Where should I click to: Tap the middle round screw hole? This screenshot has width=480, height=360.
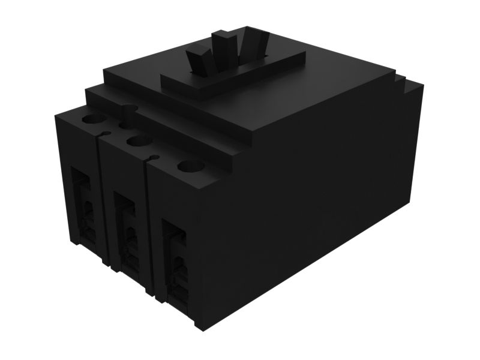[x=139, y=142]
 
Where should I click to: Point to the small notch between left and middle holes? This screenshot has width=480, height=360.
[x=106, y=133]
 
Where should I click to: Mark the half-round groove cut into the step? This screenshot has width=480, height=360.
[x=127, y=111]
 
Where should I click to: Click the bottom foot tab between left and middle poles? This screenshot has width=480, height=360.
[x=106, y=262]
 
